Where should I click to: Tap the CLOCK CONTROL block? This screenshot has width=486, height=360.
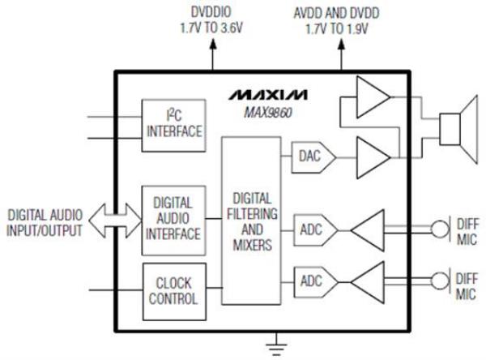pyautogui.click(x=172, y=289)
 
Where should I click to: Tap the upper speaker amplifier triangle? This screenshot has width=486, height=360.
pyautogui.click(x=373, y=98)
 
